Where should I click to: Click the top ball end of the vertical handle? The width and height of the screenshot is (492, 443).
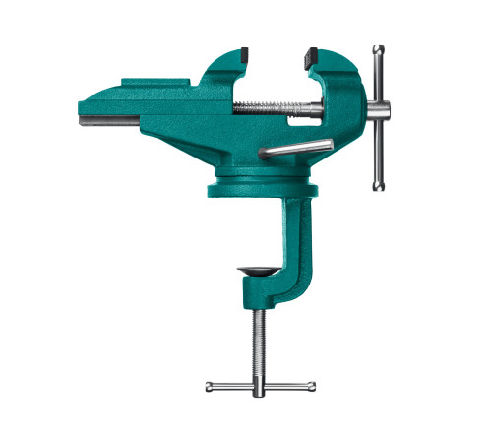pyautogui.click(x=377, y=48)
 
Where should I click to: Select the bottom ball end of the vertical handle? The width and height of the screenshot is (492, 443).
pyautogui.click(x=378, y=185)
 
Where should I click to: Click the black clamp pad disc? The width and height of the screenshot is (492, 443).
pyautogui.click(x=258, y=269)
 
